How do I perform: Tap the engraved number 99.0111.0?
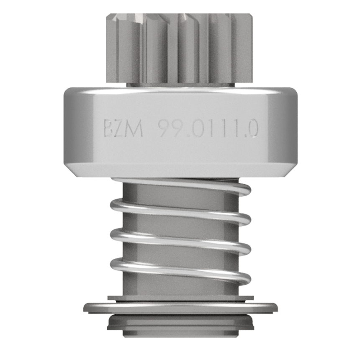point(208,129)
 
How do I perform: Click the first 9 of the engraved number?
point(164,129)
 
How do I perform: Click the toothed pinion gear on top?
point(180,48)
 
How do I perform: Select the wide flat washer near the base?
point(180,308)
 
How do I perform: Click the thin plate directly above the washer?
point(180,298)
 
